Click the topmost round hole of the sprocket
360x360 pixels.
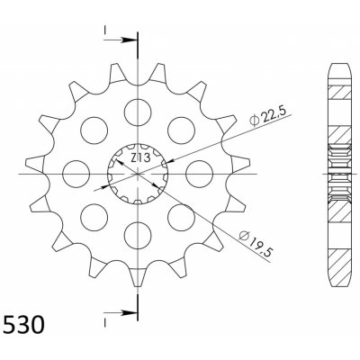(138, 112)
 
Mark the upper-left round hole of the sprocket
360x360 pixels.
(94, 130)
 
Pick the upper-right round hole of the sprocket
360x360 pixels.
(182, 130)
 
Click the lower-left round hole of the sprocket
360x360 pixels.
(94, 217)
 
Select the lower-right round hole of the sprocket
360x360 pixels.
(182, 217)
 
